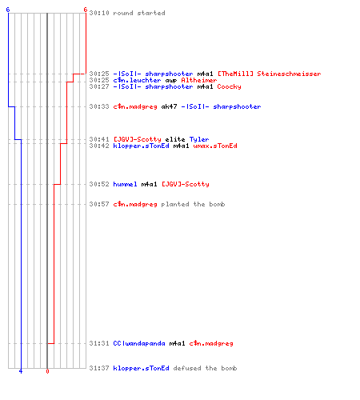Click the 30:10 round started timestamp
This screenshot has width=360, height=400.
(99, 13)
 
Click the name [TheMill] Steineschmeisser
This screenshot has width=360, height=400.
(270, 74)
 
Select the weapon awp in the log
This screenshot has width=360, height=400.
(171, 81)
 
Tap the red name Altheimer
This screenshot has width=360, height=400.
(199, 80)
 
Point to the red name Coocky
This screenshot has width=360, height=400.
(229, 86)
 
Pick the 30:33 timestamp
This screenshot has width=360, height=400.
(99, 106)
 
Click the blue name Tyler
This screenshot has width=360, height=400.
(199, 139)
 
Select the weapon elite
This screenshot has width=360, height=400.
(175, 139)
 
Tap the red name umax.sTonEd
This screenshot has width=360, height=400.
(215, 146)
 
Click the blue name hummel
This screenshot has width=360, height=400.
(125, 184)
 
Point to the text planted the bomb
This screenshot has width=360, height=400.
(193, 204)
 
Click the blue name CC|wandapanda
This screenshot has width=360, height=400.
(139, 343)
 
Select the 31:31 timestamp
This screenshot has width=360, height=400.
(99, 343)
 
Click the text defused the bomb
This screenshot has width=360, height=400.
(205, 368)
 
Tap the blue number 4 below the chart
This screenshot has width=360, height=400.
(21, 371)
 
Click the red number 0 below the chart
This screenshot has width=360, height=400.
(47, 371)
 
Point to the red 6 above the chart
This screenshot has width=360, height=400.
(86, 10)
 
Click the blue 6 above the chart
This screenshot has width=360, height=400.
(8, 10)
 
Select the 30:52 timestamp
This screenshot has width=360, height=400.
(99, 184)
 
